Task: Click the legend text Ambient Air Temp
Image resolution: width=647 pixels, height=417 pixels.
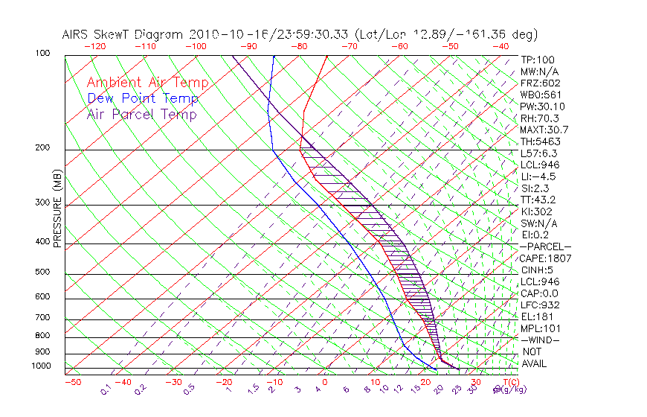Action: (x=147, y=83)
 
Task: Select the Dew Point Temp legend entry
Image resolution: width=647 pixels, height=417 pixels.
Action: (x=142, y=98)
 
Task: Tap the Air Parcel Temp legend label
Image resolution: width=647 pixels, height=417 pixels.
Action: (x=141, y=114)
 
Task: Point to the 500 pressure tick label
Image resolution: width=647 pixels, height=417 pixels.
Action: (x=42, y=273)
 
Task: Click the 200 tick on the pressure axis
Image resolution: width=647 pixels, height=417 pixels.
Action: (x=42, y=147)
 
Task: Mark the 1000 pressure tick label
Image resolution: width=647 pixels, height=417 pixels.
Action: (x=40, y=366)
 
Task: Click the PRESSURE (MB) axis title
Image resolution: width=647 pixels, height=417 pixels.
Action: (x=57, y=208)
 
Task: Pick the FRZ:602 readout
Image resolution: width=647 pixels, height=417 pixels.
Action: (x=540, y=83)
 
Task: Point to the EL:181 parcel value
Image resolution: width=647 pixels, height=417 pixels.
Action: (x=536, y=316)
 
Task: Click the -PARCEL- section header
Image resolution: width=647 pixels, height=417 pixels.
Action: (x=545, y=246)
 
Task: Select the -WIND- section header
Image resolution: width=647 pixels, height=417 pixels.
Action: (x=540, y=340)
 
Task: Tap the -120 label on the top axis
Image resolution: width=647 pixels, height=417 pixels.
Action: (x=94, y=46)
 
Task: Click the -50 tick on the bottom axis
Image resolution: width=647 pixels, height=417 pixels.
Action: (x=73, y=382)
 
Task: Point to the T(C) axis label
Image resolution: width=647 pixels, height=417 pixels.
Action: (x=512, y=382)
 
